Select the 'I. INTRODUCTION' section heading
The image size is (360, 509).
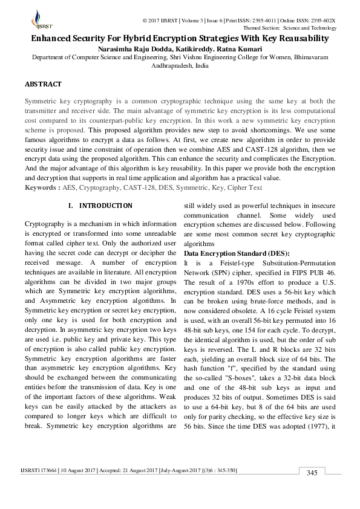[x=97, y=206]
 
